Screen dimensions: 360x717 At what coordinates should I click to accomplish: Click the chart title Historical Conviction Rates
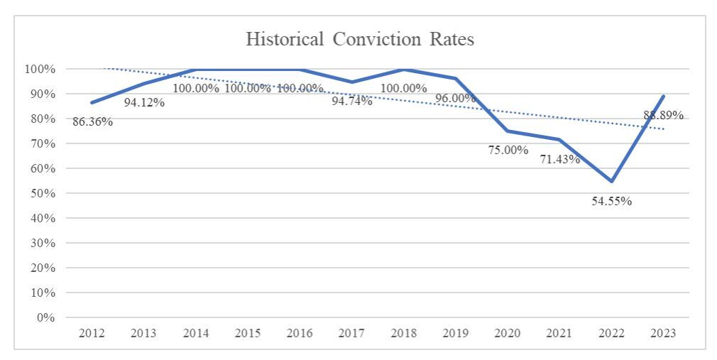pos(359,39)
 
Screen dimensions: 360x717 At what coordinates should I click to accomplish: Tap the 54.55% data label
pos(611,201)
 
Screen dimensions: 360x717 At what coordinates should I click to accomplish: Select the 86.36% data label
pos(92,121)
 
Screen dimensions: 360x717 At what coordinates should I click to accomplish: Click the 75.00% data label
pos(508,150)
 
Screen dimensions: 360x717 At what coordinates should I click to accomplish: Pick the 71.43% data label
pos(559,159)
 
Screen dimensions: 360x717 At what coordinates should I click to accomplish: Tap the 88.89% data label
pos(663,115)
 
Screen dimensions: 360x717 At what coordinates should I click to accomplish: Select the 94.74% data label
pos(351,101)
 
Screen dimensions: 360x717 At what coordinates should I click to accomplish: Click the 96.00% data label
pos(455,99)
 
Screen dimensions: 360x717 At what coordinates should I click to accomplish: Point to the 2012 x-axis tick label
pos(92,333)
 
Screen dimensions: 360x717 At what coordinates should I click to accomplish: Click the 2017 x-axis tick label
pos(351,333)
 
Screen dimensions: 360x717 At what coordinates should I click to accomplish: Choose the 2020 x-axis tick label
pos(508,333)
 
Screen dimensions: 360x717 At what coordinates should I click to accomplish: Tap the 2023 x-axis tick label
pos(663,333)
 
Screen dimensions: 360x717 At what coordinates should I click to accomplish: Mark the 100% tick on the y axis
pos(41,69)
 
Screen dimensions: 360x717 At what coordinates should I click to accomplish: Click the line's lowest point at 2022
pos(611,181)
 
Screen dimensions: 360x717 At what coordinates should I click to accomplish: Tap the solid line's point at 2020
pos(508,131)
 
